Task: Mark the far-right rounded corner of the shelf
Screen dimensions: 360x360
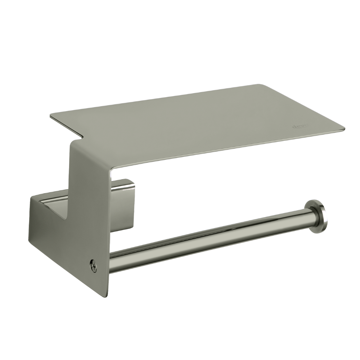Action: pos(342,130)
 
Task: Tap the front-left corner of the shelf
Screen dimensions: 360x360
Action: pos(51,116)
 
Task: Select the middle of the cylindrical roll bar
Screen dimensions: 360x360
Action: pos(209,238)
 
